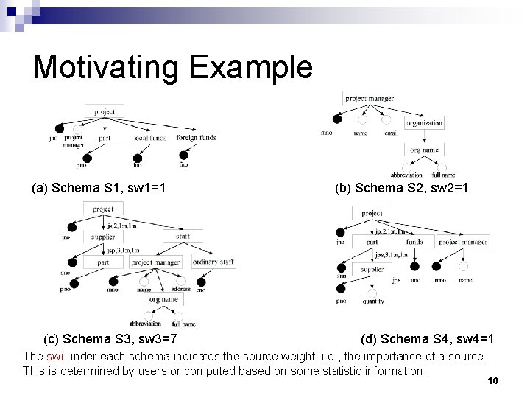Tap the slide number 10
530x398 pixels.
point(493,380)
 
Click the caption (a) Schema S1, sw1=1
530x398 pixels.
point(98,189)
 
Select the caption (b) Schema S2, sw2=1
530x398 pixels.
point(400,189)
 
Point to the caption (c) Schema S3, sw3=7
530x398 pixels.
point(110,339)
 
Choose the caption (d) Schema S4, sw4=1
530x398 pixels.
point(427,339)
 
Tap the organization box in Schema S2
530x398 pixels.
point(425,123)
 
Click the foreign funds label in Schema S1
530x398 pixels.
point(197,138)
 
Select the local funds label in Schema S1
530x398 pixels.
point(151,138)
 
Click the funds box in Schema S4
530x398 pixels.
point(414,242)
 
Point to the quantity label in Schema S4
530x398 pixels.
point(374,301)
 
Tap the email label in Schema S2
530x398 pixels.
point(391,133)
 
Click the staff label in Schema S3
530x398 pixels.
point(185,234)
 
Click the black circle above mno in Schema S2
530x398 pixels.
point(337,119)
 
